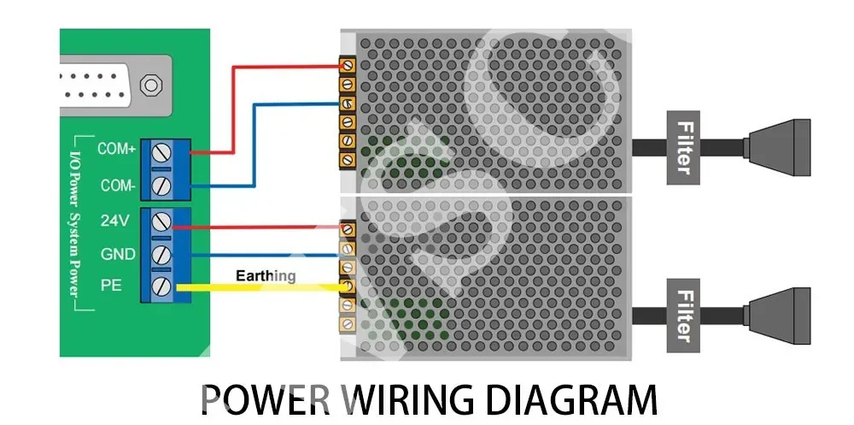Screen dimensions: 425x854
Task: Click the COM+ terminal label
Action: click(117, 149)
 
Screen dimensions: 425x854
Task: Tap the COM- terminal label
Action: click(117, 185)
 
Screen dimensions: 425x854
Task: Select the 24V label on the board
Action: click(114, 221)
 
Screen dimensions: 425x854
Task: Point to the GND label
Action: click(117, 254)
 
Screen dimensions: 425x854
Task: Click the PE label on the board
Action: click(111, 286)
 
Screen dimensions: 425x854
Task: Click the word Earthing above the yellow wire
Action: click(266, 275)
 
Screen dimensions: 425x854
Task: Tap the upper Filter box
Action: click(683, 147)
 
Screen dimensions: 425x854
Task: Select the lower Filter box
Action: click(683, 314)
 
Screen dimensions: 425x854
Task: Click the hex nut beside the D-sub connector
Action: click(151, 85)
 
